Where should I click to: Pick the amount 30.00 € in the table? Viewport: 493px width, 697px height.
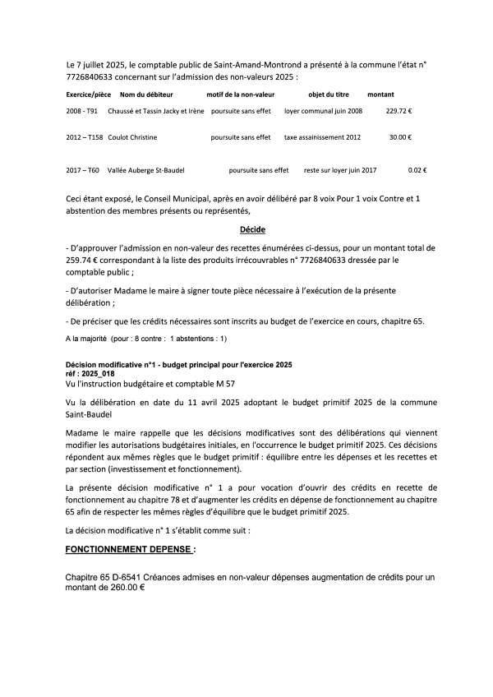pos(401,137)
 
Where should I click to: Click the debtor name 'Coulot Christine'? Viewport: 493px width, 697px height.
pos(130,137)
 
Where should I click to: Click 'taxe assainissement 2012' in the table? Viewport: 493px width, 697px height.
pos(322,137)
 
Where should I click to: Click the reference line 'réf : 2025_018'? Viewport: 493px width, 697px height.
pos(90,372)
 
